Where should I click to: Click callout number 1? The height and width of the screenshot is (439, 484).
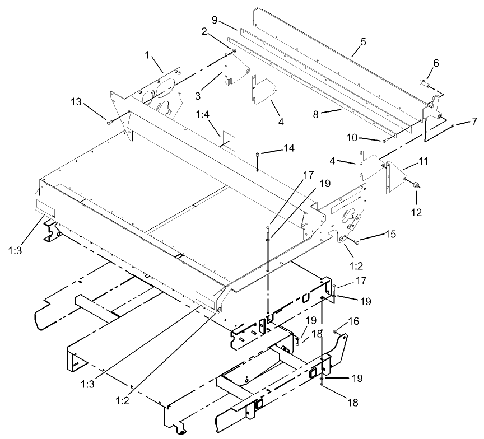148,56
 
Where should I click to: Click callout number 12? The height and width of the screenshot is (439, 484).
417,212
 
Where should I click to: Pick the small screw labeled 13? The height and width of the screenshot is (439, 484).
109,122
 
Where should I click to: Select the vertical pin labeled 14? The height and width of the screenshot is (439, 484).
257,162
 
